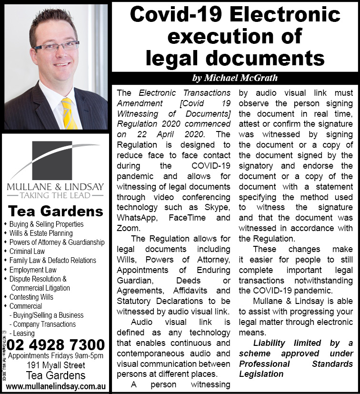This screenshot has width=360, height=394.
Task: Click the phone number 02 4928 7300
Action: click(x=56, y=344)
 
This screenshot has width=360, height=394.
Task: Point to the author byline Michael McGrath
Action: click(x=235, y=78)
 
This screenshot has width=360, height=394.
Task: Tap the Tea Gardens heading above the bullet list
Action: click(x=56, y=211)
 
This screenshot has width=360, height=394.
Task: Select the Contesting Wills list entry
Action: click(x=31, y=297)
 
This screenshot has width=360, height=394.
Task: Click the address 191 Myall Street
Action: click(x=56, y=365)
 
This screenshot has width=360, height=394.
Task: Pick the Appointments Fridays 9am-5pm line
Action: click(x=56, y=356)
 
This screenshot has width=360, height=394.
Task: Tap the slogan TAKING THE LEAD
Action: click(x=55, y=195)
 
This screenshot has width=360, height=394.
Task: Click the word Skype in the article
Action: click(x=217, y=208)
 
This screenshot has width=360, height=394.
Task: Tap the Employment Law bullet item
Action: click(x=33, y=270)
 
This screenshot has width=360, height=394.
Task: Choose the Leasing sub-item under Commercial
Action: click(x=23, y=333)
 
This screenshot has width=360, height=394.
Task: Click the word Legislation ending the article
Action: click(x=261, y=374)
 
